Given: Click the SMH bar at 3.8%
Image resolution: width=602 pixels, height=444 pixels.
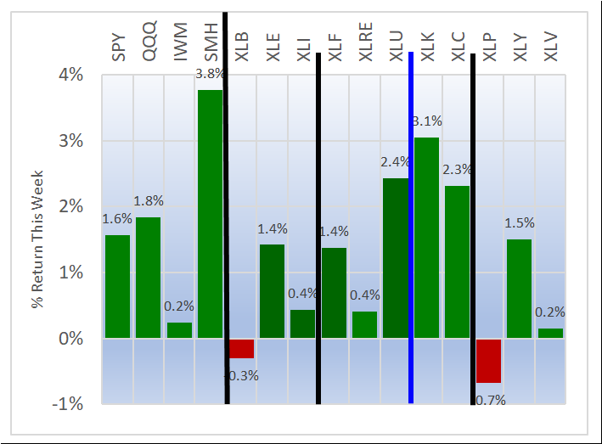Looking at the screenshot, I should (210, 214).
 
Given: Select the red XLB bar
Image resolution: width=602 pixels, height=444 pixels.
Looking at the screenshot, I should (241, 348).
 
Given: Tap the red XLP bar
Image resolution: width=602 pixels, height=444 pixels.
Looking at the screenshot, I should (488, 361).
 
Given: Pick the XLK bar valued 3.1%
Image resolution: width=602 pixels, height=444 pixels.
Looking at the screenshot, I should (426, 238).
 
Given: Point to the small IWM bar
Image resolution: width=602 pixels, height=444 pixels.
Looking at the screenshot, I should (179, 330).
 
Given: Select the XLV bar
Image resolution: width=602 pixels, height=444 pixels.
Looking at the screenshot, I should (550, 334).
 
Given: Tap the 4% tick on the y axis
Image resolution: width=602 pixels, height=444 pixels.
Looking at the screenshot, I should (70, 75).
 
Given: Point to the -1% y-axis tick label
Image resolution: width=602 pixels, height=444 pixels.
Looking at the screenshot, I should (68, 404).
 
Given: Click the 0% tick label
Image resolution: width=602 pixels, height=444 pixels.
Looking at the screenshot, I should (70, 338).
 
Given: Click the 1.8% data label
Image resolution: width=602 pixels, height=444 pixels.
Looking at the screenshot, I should (149, 201).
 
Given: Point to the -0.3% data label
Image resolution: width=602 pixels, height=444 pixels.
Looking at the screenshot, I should (241, 375).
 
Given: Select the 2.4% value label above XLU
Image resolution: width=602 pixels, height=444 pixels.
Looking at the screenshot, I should (395, 162).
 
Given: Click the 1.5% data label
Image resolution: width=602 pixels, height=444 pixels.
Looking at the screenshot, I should (520, 223).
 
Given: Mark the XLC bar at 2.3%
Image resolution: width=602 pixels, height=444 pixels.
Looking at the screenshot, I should (457, 261).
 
